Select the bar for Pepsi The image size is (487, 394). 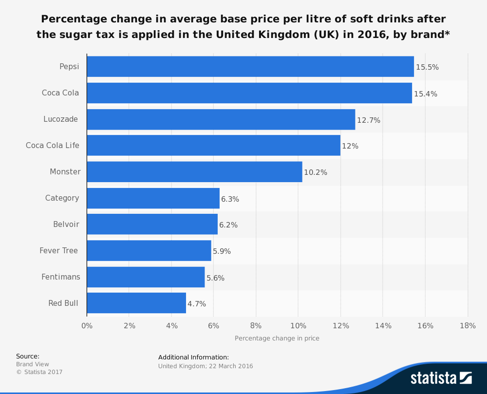[x=250, y=67]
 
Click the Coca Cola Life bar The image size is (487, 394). [x=213, y=146]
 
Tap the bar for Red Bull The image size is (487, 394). [x=136, y=303]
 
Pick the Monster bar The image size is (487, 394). [x=194, y=172]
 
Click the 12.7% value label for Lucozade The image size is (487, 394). [x=369, y=120]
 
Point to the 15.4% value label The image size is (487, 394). [x=426, y=94]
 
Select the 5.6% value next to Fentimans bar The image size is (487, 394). [x=216, y=278]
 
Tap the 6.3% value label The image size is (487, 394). [x=230, y=199]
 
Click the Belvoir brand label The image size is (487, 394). [x=66, y=225]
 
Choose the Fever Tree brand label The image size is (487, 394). [x=59, y=251]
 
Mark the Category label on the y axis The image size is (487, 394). [x=62, y=198]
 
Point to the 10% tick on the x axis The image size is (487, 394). [x=298, y=326]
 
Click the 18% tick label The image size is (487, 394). [x=468, y=326]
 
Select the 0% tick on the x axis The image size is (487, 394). [x=87, y=326]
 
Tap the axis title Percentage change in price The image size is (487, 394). [x=277, y=338]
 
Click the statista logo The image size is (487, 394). [x=441, y=378]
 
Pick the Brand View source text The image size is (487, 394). [x=33, y=364]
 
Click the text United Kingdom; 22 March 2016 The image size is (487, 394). [x=206, y=366]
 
